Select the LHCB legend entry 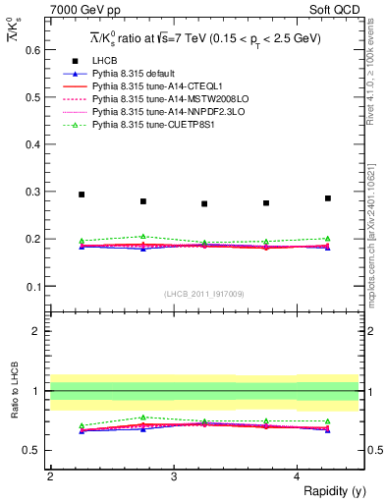(106, 61)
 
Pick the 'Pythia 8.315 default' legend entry (138, 74)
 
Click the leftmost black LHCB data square (82, 195)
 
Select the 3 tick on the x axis (174, 476)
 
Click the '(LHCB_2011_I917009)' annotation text (204, 295)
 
